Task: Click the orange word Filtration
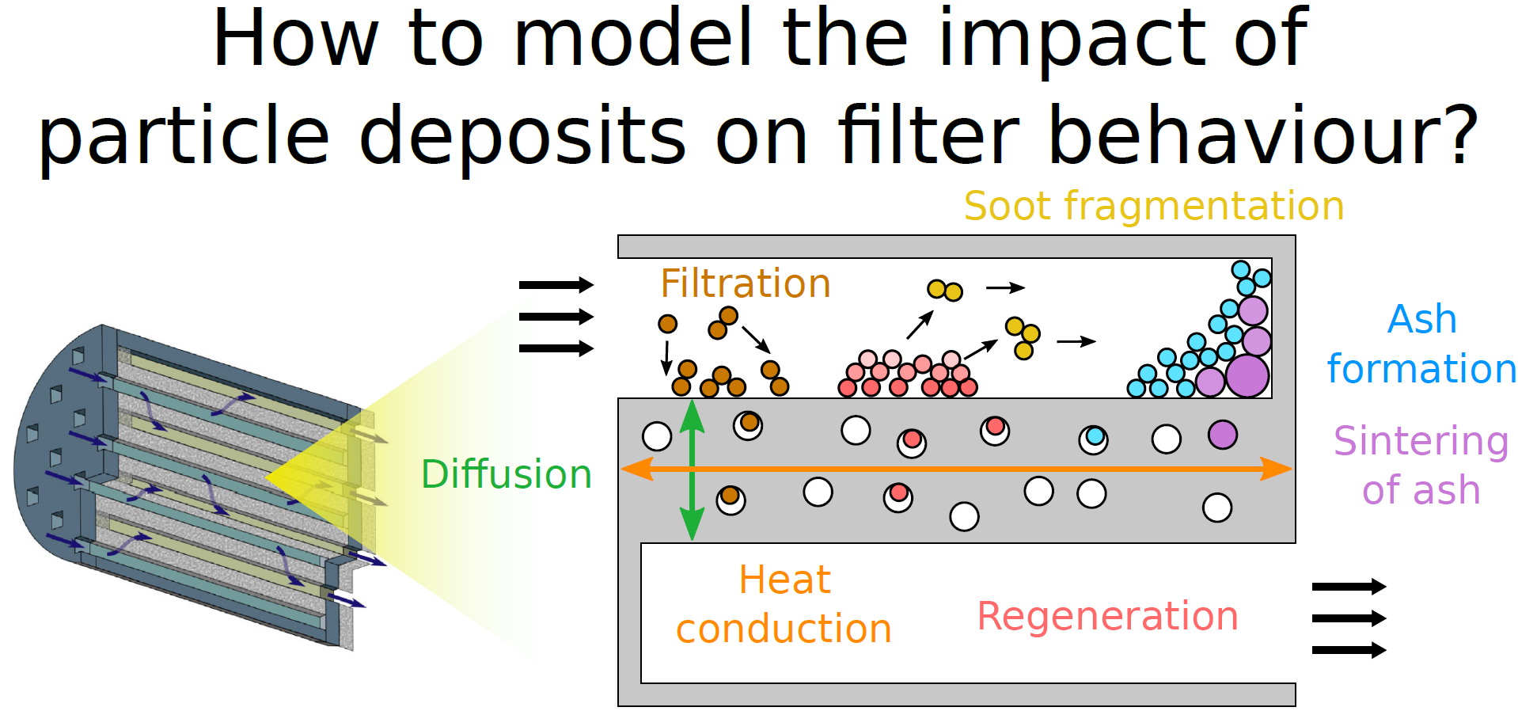click(746, 283)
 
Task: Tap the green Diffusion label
click(507, 474)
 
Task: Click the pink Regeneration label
click(1108, 616)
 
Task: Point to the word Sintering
click(1421, 442)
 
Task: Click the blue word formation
click(1421, 369)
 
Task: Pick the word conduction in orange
click(784, 629)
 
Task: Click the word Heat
click(784, 580)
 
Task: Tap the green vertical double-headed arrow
click(692, 470)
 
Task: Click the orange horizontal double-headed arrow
click(957, 469)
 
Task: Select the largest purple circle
click(1247, 376)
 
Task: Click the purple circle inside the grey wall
click(1223, 435)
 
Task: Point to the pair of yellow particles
click(945, 291)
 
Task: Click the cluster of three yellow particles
click(1023, 337)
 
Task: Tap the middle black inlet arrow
click(556, 317)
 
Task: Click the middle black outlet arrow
click(1349, 618)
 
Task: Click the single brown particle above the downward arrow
click(668, 324)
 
